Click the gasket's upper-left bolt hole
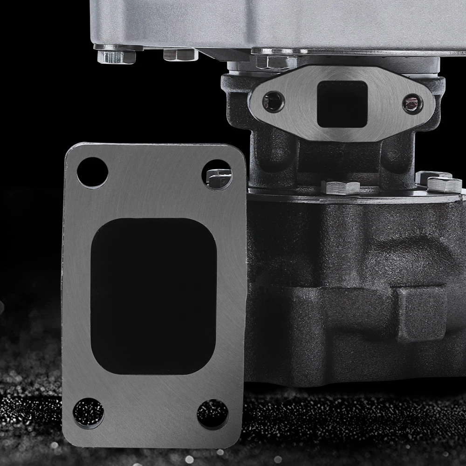coord(92,172)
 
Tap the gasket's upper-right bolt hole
coord(217,174)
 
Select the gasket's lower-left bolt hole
coord(89,413)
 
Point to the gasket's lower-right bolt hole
coord(212,414)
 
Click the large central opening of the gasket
coord(153,296)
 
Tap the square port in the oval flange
coord(342,103)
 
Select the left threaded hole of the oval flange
coord(273,101)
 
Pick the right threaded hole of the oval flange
coord(412,103)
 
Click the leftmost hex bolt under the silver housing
coord(116,56)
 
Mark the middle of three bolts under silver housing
coord(181,55)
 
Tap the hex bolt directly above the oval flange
coord(276,61)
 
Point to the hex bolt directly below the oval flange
coord(340,187)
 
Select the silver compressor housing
coord(280,21)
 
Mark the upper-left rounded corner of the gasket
coord(72,151)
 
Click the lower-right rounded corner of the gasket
coord(238,438)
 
